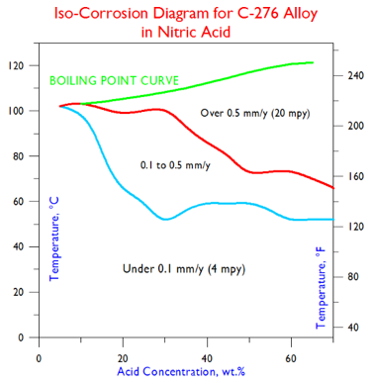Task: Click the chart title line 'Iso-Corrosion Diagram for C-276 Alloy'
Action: [x=185, y=13]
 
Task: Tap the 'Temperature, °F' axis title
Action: [x=321, y=287]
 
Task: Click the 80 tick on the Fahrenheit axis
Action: [x=350, y=277]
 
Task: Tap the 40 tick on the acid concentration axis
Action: [x=207, y=356]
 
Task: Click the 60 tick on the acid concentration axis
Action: [x=291, y=356]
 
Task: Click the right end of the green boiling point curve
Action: [x=313, y=62]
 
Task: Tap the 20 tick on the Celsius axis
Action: [x=19, y=293]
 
